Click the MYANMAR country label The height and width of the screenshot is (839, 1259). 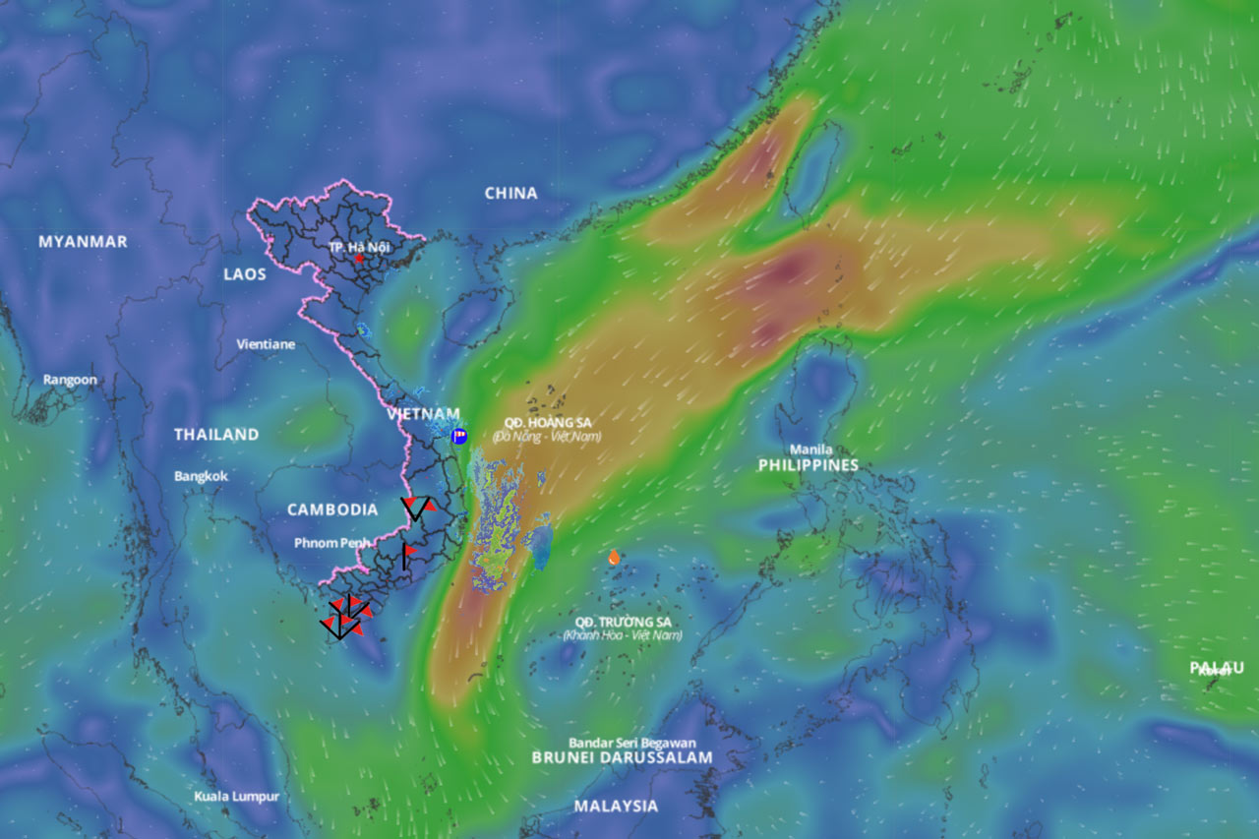tap(83, 241)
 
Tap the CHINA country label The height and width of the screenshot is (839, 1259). tap(510, 193)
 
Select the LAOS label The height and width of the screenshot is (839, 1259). tap(244, 274)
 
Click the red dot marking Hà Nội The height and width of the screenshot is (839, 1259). tap(360, 258)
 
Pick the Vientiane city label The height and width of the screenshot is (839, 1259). tap(266, 344)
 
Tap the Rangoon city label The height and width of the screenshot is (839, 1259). tap(70, 380)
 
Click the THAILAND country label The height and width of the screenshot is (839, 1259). tap(216, 434)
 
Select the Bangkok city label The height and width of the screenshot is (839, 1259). tap(201, 476)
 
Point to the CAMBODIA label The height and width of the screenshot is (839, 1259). tap(332, 509)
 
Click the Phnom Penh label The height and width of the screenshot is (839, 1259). tap(331, 543)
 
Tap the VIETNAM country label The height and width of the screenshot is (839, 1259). tap(423, 414)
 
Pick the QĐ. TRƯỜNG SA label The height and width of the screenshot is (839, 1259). tap(623, 623)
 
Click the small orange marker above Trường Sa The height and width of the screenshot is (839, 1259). tap(615, 558)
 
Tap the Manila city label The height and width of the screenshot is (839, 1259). tap(810, 449)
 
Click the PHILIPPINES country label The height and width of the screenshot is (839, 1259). tap(808, 465)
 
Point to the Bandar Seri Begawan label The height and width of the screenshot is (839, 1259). tap(632, 743)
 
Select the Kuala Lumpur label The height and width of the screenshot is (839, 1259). tap(236, 797)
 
